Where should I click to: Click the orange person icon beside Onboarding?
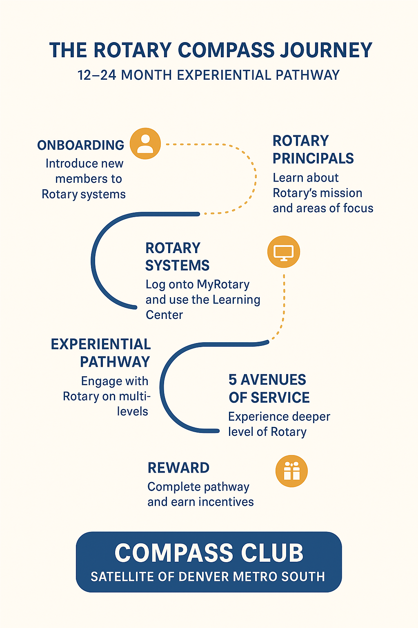click(x=145, y=144)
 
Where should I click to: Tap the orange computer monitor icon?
click(x=284, y=252)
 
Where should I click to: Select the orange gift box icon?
click(x=291, y=471)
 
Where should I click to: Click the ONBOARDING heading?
click(x=81, y=145)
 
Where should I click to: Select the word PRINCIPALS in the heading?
click(x=313, y=158)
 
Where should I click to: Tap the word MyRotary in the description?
click(x=223, y=284)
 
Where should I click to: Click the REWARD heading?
click(x=178, y=468)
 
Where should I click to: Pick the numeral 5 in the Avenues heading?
click(x=232, y=380)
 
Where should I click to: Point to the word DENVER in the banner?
click(x=204, y=576)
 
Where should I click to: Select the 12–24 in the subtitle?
click(x=97, y=75)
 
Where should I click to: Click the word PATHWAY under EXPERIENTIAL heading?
click(x=115, y=362)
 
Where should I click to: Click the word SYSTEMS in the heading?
click(x=177, y=265)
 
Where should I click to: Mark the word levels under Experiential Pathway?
click(x=132, y=411)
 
